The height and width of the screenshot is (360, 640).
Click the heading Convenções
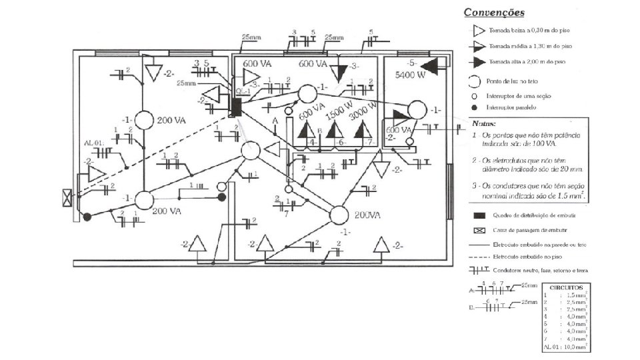493,13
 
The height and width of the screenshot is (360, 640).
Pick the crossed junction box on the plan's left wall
66,198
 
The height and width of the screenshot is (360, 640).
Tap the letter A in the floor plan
275,121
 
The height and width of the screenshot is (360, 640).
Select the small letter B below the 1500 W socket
320,131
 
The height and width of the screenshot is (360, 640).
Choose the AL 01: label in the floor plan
93,143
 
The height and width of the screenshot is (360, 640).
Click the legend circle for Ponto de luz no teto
474,81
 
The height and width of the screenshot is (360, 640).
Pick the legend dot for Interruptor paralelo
474,107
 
